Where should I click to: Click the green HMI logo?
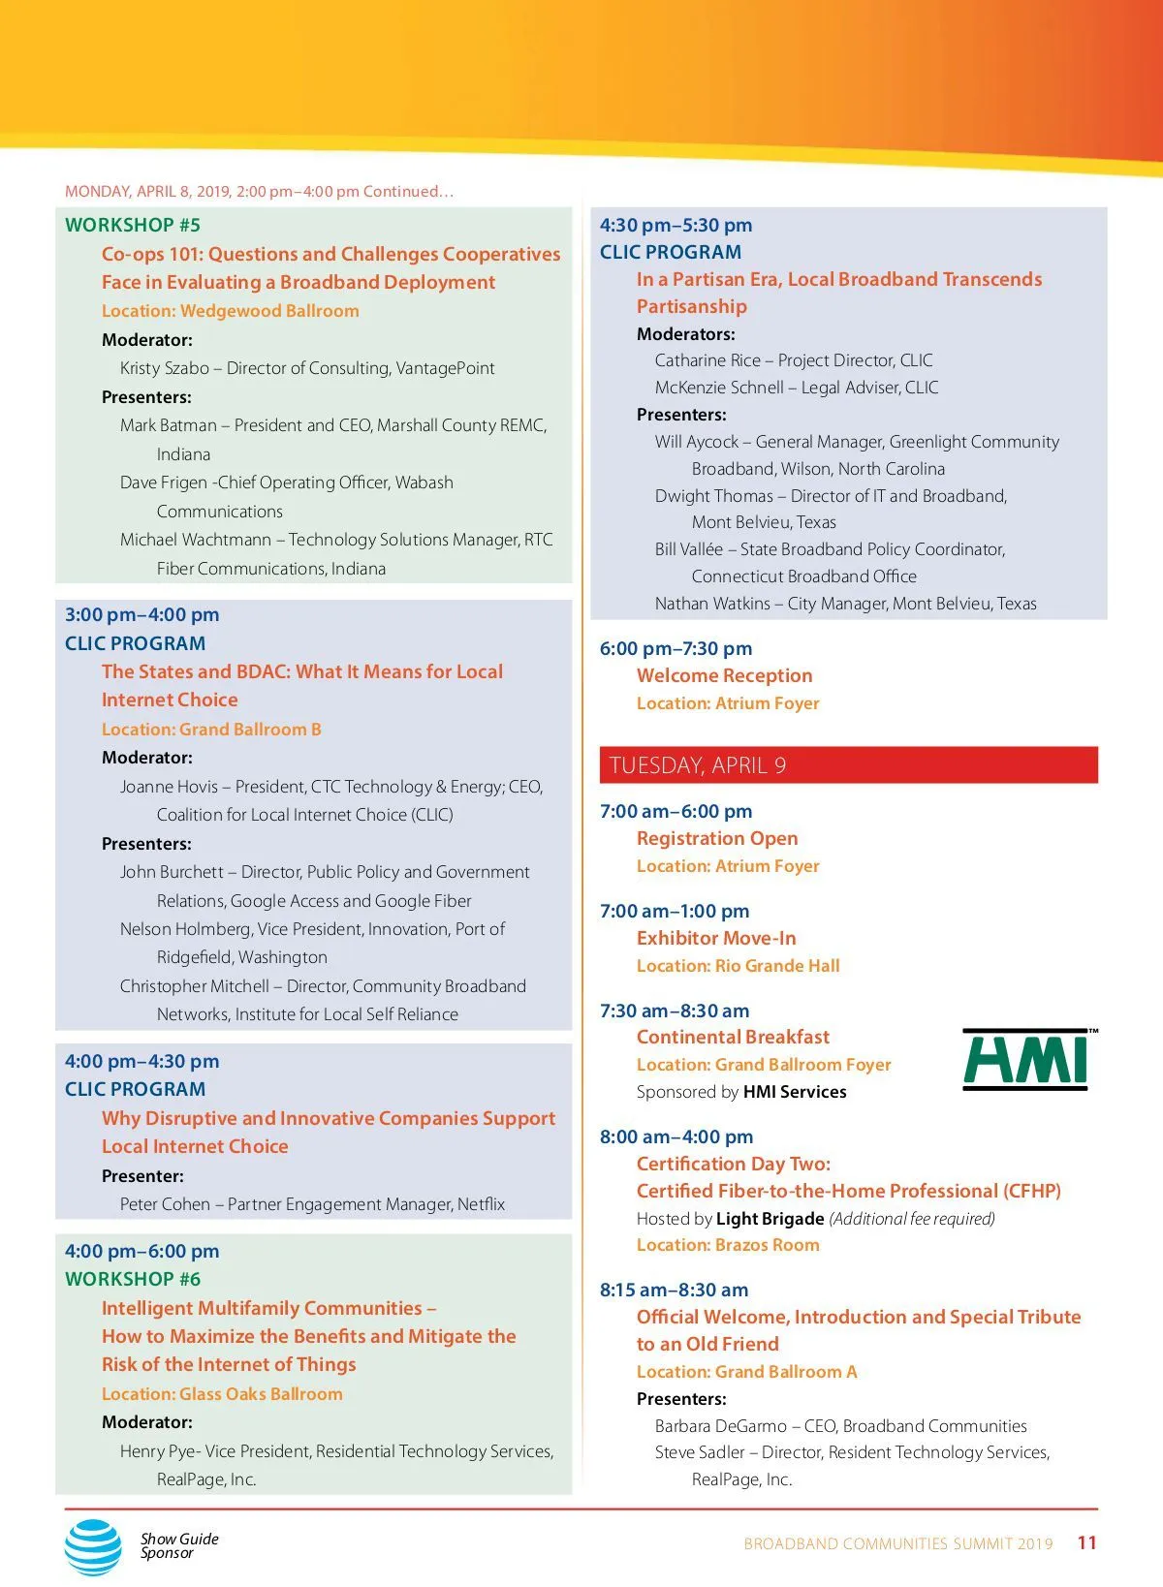point(1028,1060)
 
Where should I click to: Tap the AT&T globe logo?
point(93,1546)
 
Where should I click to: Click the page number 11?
point(1086,1543)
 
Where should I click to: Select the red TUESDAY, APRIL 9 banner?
point(848,765)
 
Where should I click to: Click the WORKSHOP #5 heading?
point(133,226)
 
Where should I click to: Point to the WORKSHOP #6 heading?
point(133,1279)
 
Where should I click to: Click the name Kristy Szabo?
point(165,368)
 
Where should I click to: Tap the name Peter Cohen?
point(165,1204)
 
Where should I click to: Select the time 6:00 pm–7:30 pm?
point(676,649)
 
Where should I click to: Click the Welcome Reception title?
point(724,676)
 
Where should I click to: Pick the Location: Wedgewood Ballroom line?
point(230,311)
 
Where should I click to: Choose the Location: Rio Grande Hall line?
point(738,966)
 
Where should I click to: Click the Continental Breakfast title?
point(733,1038)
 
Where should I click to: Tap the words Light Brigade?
point(770,1219)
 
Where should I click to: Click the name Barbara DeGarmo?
point(720,1426)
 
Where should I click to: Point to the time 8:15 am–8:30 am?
point(674,1291)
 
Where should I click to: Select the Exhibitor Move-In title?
point(716,939)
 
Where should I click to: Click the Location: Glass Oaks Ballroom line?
point(222,1394)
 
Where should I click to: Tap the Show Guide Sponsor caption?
point(179,1545)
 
